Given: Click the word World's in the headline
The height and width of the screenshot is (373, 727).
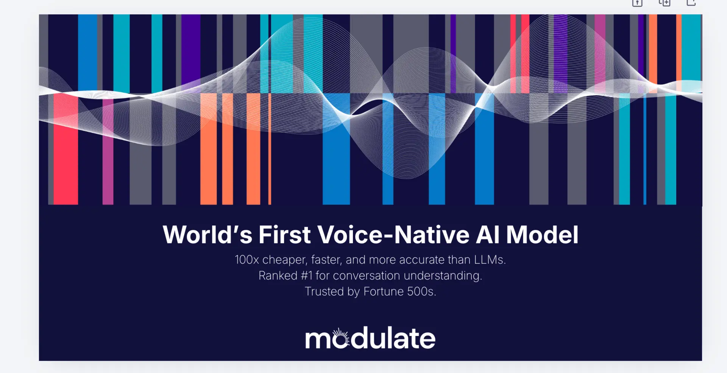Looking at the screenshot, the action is [207, 234].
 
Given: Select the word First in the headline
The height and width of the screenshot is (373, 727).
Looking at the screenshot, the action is [285, 234].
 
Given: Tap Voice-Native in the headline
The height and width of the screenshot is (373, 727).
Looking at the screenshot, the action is [393, 234].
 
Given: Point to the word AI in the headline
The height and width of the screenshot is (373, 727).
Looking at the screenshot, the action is [488, 234].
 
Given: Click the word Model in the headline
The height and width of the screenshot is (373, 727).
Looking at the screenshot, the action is [542, 234].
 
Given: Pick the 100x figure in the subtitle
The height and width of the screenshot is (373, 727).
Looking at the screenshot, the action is [247, 260].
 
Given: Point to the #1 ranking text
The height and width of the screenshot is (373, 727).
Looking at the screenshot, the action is [307, 276].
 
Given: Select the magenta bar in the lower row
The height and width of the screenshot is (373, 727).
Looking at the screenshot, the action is [108, 151].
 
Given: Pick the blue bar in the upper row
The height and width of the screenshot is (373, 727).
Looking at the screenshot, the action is [87, 53].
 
